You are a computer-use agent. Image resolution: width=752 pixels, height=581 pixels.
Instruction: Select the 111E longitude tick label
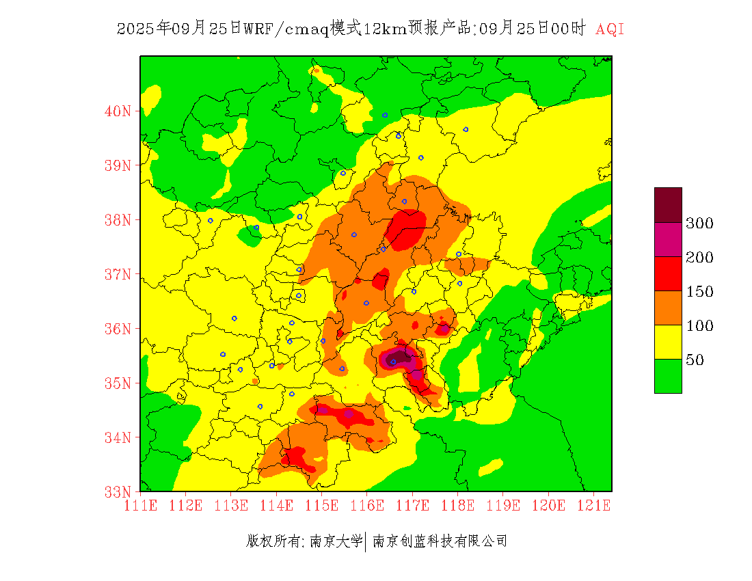pos(141,506)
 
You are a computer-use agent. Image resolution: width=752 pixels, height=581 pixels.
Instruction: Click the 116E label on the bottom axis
pos(367,506)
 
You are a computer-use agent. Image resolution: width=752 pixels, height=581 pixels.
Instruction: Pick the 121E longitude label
pos(593,506)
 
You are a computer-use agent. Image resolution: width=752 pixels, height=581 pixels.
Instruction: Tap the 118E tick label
pos(458,506)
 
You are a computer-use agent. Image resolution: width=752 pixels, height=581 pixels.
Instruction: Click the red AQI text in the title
pos(610,29)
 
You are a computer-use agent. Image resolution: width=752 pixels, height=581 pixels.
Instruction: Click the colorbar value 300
pos(700,224)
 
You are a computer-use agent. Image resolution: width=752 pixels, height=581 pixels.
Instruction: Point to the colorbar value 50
pos(695,360)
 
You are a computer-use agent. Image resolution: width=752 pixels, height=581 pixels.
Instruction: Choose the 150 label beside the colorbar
pos(700,292)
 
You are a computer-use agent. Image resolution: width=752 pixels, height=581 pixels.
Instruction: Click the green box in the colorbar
pos(668,376)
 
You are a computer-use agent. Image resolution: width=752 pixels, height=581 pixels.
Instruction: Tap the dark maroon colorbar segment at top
pos(668,204)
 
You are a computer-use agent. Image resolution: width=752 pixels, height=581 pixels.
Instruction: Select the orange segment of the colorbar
pos(668,308)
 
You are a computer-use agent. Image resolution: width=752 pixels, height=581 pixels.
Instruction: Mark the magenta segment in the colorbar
pos(668,239)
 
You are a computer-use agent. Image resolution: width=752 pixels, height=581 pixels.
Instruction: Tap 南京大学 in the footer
pos(336,541)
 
